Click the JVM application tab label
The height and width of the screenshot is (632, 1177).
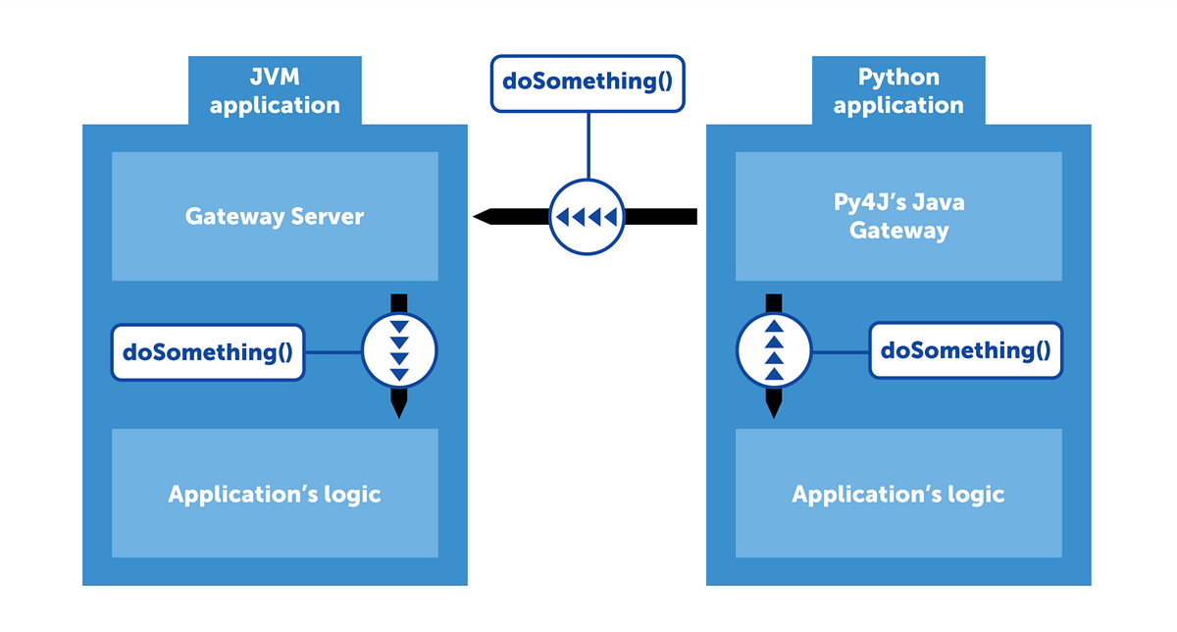(x=275, y=91)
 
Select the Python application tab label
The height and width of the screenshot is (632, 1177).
(x=898, y=91)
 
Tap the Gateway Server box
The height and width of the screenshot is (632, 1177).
(x=275, y=216)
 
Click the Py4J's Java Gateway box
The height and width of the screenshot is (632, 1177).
(x=898, y=216)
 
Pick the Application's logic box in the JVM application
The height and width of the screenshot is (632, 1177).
(x=275, y=494)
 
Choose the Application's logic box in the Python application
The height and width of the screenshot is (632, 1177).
(x=898, y=494)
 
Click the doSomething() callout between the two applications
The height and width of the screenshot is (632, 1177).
(x=587, y=81)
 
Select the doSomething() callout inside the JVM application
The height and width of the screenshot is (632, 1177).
(x=208, y=351)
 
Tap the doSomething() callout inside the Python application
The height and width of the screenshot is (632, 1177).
(x=965, y=350)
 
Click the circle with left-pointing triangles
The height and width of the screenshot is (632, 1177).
(x=587, y=216)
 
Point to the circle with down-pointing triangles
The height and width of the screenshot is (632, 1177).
(x=399, y=350)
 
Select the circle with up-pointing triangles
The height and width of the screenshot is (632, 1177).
(x=774, y=350)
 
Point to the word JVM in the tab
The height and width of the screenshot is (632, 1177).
(x=275, y=78)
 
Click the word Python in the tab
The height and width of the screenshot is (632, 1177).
(x=898, y=78)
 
